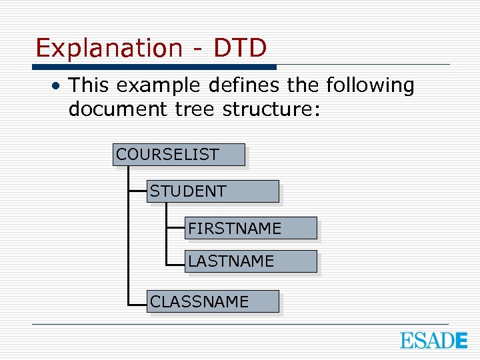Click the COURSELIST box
pos(179,155)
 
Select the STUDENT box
pos(213,191)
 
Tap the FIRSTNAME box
pos(251,228)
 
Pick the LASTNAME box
pos(251,261)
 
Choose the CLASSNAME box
pos(213,301)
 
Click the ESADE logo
pos(433,341)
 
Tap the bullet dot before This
pos(59,86)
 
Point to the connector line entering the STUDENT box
pos(137,191)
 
